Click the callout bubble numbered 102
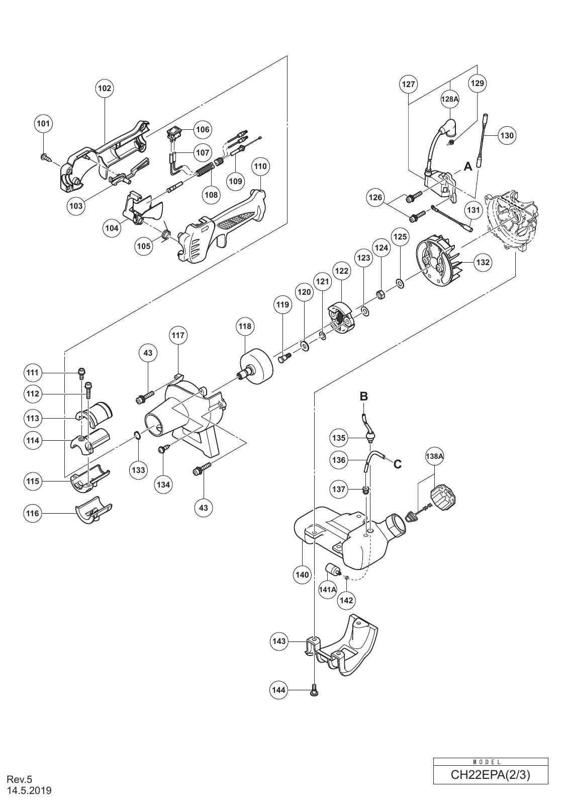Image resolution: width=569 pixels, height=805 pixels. coord(105,89)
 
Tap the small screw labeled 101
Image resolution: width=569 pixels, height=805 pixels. coord(46,157)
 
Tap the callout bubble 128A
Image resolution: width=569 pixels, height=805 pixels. coord(450,100)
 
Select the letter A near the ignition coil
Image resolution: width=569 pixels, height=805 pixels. coord(468,167)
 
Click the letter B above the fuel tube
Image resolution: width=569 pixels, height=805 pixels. coord(364,396)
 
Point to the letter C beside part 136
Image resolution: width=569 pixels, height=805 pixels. coord(398,464)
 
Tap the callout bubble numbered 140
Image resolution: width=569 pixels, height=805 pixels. coord(302,575)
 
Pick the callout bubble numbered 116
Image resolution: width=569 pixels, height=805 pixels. coord(33,513)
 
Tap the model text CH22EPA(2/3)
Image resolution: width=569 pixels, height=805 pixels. coord(490,775)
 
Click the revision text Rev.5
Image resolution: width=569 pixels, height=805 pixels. coord(20,779)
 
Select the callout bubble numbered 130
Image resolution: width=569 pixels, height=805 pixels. coord(508,135)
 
